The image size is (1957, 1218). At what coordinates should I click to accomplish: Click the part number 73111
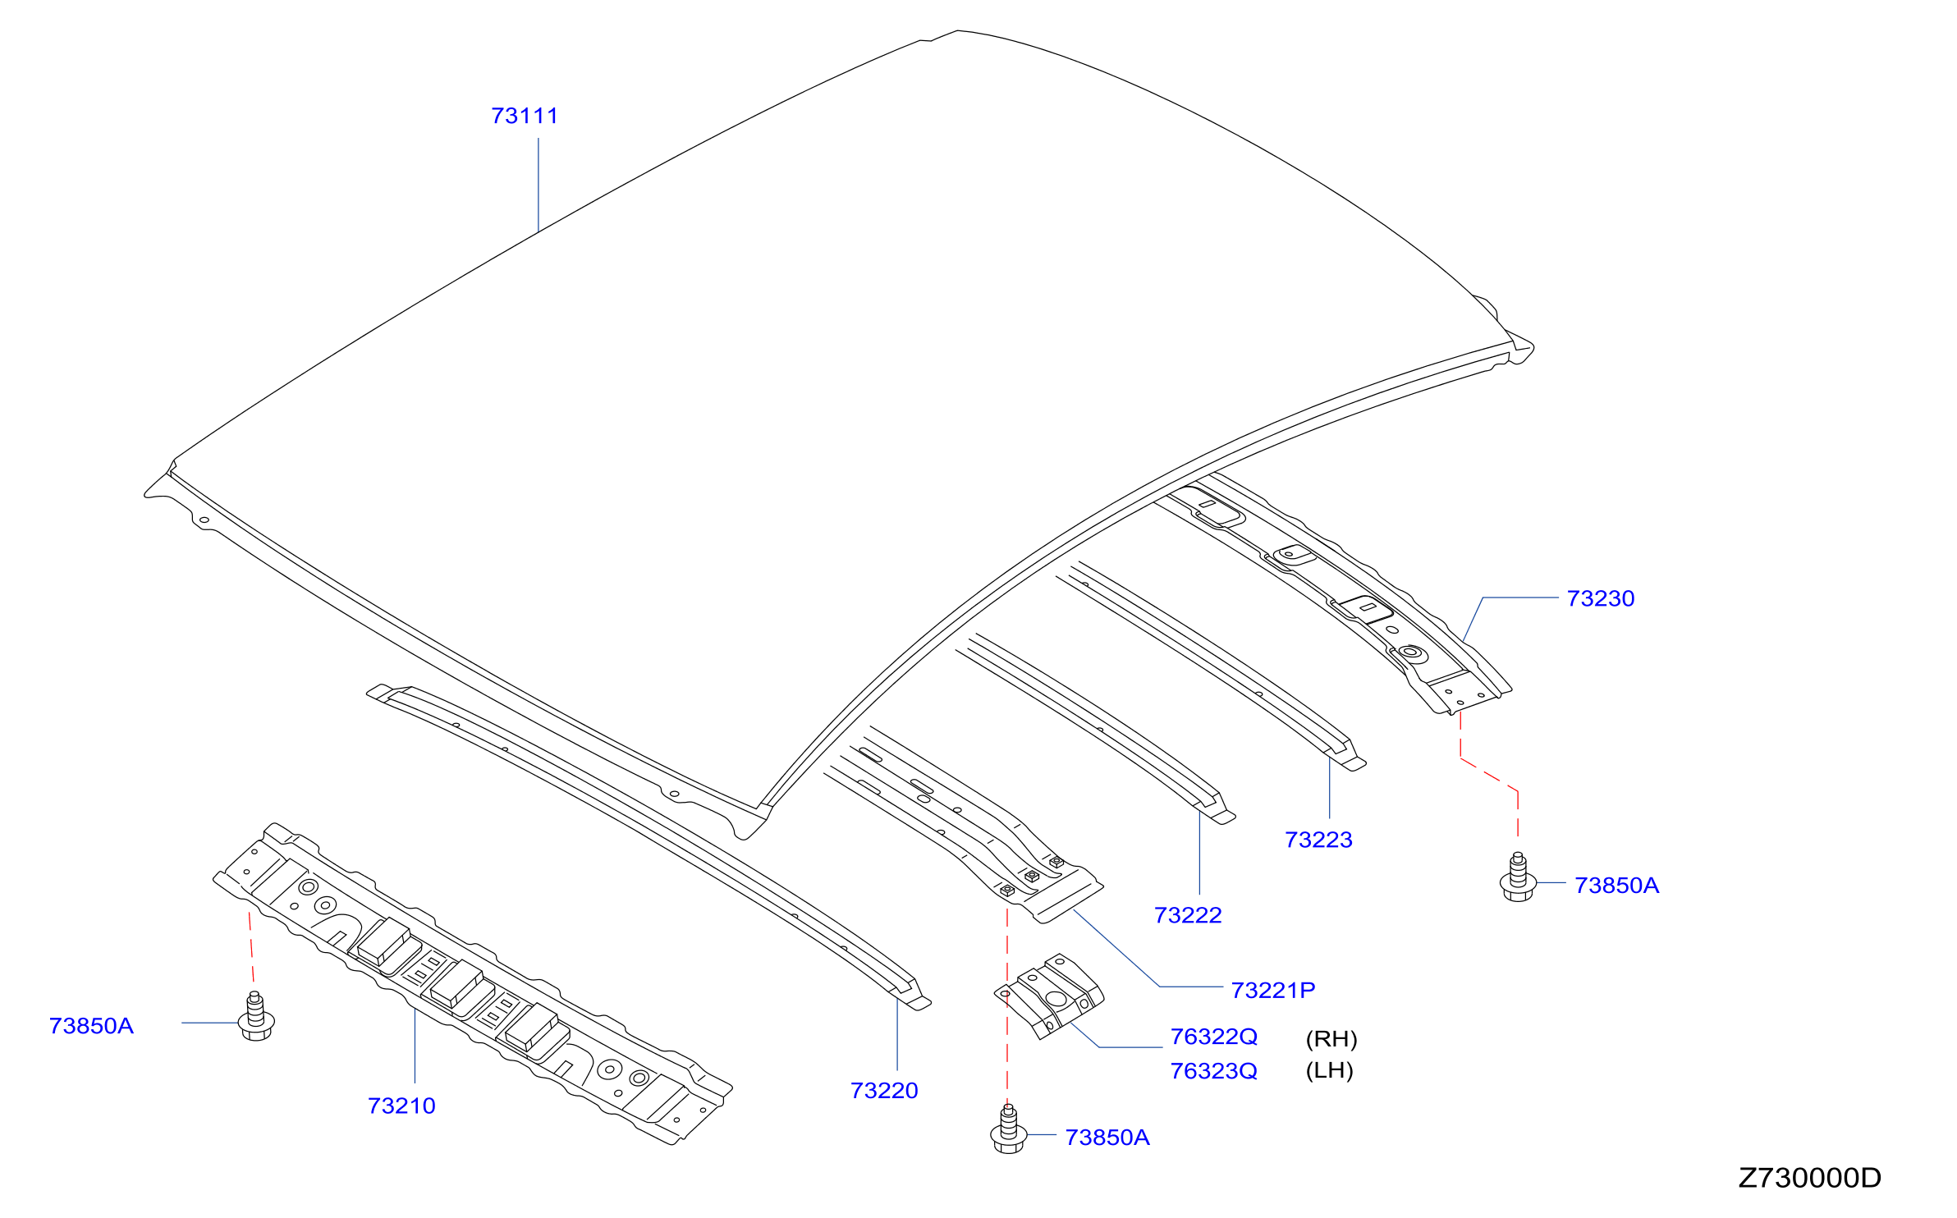click(525, 116)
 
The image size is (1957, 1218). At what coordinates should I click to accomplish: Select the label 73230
click(1600, 598)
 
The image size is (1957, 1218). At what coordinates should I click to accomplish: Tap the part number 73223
click(1318, 840)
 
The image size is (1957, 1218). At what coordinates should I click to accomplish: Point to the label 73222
click(1188, 915)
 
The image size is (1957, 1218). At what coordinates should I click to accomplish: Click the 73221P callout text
click(1272, 991)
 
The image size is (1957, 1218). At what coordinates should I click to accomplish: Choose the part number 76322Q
click(1213, 1037)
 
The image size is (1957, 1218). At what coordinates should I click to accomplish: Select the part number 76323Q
click(1213, 1071)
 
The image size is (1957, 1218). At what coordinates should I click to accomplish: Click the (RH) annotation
click(1331, 1039)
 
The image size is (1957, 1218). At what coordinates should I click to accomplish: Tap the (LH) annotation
click(1329, 1070)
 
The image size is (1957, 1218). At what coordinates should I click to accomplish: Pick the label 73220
click(884, 1091)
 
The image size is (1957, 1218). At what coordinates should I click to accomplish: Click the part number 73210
click(401, 1106)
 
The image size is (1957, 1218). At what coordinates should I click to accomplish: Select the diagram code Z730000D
click(1809, 1178)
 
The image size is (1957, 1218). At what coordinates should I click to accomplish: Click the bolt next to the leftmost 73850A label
click(256, 1016)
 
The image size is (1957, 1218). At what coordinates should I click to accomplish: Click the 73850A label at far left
click(91, 1026)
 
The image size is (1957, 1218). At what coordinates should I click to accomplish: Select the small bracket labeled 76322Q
click(1050, 996)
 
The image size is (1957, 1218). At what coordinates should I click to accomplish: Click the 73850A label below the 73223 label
click(1616, 886)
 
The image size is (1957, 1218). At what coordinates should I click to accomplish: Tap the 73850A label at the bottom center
click(1107, 1138)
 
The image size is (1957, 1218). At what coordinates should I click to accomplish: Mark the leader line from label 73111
click(539, 185)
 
